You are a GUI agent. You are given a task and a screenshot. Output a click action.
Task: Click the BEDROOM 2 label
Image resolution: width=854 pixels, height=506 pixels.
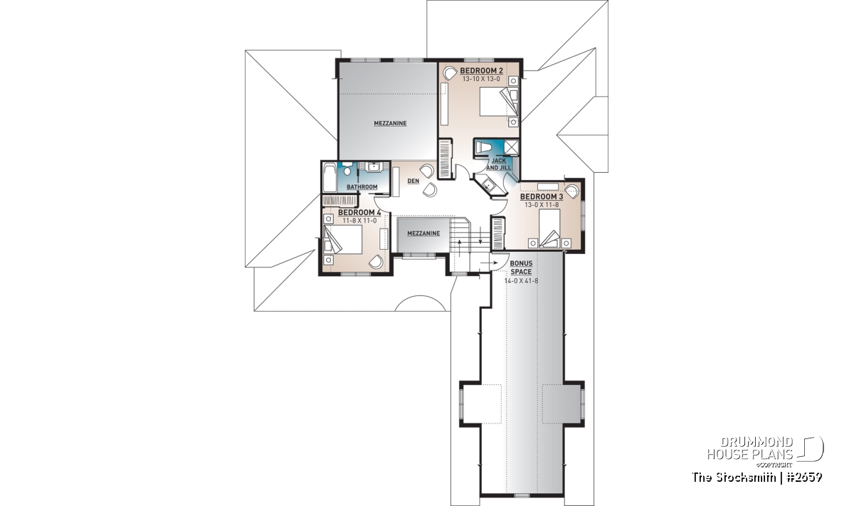481,70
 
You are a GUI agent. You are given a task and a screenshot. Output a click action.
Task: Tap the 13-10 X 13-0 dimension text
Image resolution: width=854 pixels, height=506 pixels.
481,79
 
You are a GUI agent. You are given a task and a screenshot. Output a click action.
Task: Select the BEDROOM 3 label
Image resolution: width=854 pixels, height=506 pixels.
542,196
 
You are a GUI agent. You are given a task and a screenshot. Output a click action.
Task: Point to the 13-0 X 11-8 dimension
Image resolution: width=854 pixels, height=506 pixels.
542,205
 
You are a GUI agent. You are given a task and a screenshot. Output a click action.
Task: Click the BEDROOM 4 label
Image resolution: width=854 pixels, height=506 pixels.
359,212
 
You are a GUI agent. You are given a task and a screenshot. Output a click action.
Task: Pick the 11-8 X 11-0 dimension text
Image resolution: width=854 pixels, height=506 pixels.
359,221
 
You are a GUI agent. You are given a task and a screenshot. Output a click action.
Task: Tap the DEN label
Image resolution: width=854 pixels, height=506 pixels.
413,181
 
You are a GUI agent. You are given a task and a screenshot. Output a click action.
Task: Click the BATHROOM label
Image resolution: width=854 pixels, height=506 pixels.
362,187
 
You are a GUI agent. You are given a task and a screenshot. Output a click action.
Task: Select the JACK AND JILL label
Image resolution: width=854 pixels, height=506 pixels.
499,164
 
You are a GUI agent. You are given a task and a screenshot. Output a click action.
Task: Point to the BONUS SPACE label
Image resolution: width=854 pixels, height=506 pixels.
521,268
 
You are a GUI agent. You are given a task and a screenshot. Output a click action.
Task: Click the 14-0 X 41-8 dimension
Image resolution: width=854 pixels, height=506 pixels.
521,281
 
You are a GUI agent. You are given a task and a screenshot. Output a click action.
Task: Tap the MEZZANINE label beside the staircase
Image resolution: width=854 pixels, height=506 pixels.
423,233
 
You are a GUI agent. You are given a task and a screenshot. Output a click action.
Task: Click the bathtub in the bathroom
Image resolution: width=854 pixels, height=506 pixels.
330,178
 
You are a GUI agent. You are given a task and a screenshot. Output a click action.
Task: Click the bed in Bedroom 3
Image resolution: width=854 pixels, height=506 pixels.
549,228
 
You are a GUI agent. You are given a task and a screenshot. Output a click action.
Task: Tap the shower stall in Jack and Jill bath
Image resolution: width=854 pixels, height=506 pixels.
511,147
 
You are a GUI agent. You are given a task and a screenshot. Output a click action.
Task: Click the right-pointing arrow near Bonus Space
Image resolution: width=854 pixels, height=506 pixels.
489,263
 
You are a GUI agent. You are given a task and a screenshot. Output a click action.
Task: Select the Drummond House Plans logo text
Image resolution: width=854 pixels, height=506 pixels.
750,448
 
